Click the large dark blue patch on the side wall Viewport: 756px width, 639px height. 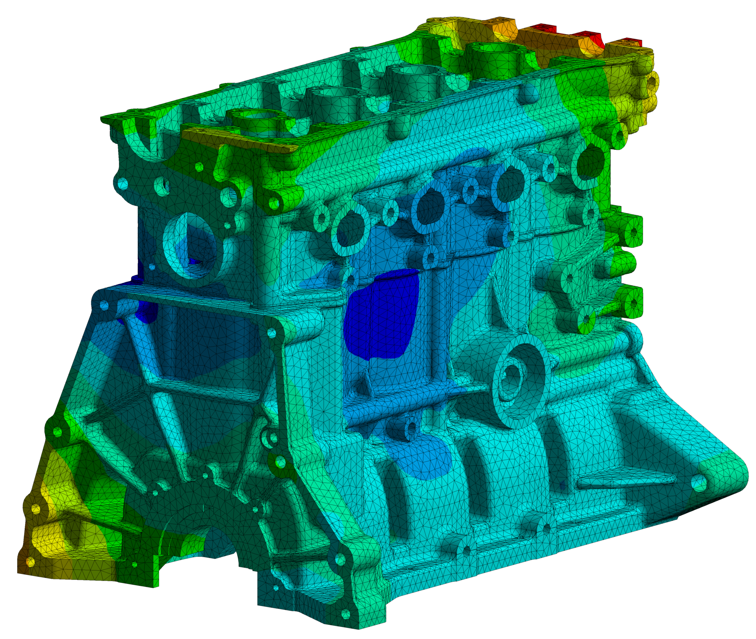[x=380, y=315]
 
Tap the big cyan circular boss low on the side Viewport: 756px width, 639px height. [x=514, y=380]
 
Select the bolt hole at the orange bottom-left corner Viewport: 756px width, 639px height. [x=30, y=561]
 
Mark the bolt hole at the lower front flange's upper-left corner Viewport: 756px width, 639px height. [x=104, y=305]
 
